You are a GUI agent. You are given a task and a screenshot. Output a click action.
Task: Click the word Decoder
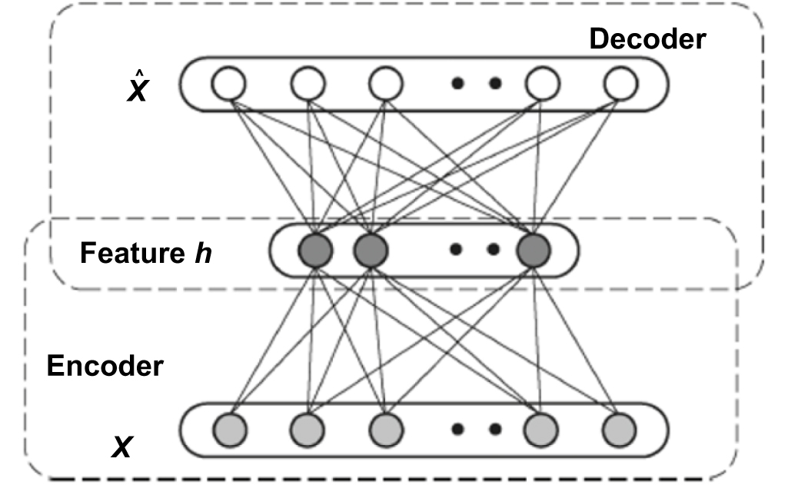[x=647, y=38]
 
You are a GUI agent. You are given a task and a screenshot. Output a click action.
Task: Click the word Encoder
[x=105, y=366]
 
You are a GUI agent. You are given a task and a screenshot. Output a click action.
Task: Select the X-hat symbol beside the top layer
[x=137, y=88]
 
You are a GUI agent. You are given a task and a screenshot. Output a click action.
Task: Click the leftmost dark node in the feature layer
[x=315, y=251]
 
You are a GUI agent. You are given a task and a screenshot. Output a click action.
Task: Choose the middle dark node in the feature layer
[x=370, y=251]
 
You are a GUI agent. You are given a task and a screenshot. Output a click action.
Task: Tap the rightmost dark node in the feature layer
[x=534, y=251]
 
